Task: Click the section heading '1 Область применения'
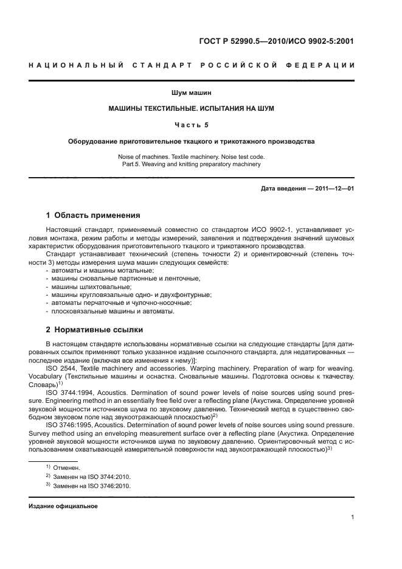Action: (x=94, y=215)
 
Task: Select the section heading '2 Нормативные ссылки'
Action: (x=95, y=330)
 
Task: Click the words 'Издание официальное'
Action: (x=63, y=506)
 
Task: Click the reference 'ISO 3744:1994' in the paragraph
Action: (x=68, y=393)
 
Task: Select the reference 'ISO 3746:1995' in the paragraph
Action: (x=68, y=426)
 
